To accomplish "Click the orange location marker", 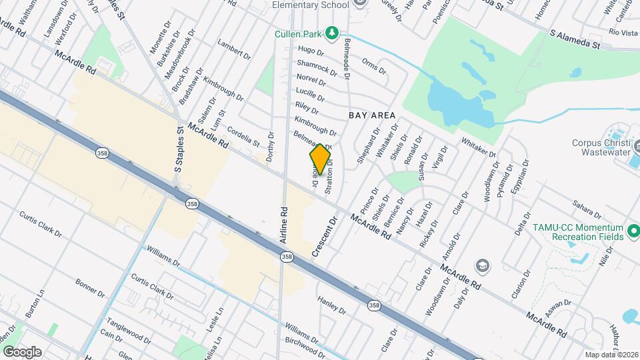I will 321,159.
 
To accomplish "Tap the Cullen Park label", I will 298,33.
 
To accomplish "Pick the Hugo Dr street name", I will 311,51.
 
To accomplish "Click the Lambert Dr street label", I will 233,51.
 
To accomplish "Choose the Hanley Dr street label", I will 331,306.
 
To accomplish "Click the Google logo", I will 22,352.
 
